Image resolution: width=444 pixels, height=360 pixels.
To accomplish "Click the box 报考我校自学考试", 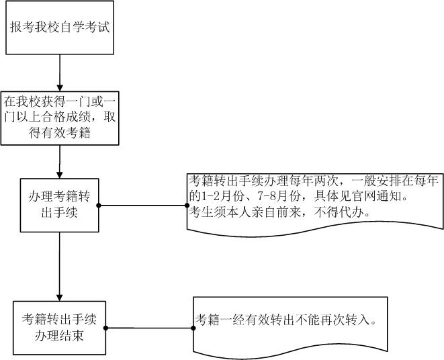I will coord(60,28).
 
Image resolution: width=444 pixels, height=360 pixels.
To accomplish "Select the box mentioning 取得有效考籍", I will coord(60,118).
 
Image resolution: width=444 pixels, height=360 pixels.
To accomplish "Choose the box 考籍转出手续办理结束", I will coord(60,328).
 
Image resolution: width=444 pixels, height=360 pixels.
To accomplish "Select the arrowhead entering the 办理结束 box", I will coord(60,297).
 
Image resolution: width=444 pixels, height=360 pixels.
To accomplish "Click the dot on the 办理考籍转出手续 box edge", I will coord(99,205).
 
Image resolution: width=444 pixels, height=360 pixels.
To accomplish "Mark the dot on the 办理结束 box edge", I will coord(107,328).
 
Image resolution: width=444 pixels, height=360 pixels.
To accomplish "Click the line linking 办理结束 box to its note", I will coord(150,328).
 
